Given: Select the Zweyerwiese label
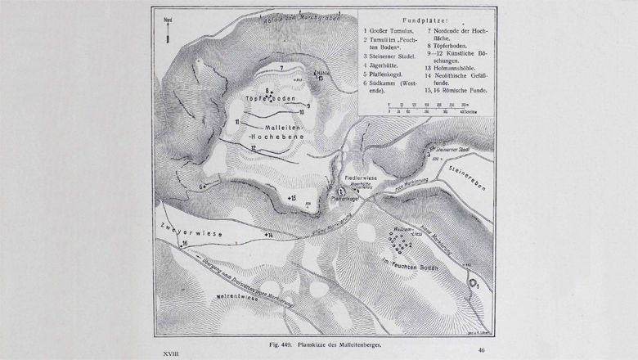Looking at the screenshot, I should click(189, 230).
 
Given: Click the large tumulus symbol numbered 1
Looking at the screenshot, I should click(474, 285).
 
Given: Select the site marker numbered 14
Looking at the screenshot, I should click(267, 236).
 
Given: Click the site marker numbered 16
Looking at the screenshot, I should click(184, 244).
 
